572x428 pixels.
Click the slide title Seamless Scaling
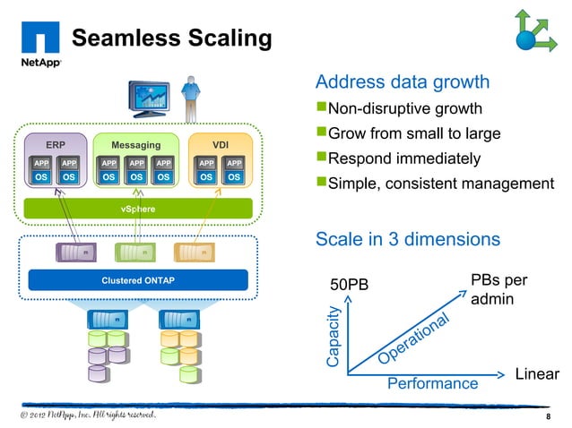(x=170, y=38)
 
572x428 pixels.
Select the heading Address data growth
(x=403, y=82)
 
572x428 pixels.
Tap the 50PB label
(x=350, y=286)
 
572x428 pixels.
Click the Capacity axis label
(x=333, y=337)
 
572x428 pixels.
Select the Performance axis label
(x=432, y=384)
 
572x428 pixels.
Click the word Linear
(x=537, y=373)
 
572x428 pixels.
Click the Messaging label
(x=135, y=145)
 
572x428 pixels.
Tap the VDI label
(x=220, y=145)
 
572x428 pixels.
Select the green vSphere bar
(x=138, y=209)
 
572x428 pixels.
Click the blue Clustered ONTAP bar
(x=138, y=280)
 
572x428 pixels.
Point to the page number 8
(x=548, y=417)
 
